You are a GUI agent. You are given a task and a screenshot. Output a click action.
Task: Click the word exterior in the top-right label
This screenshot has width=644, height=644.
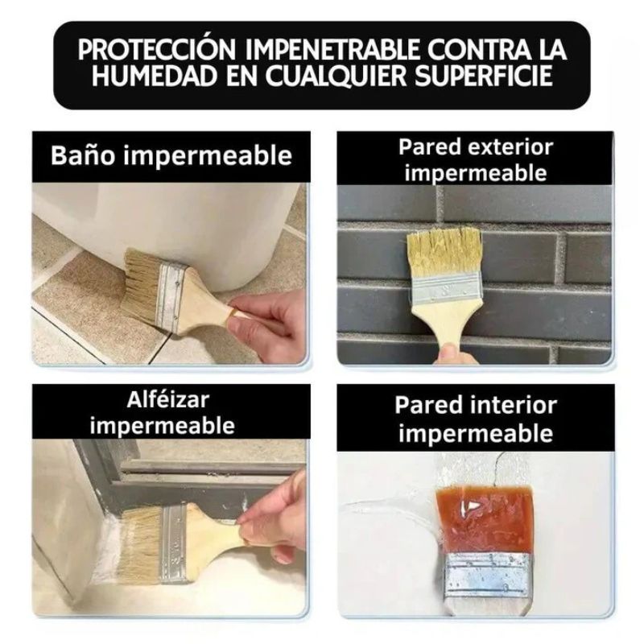tap(511, 147)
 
